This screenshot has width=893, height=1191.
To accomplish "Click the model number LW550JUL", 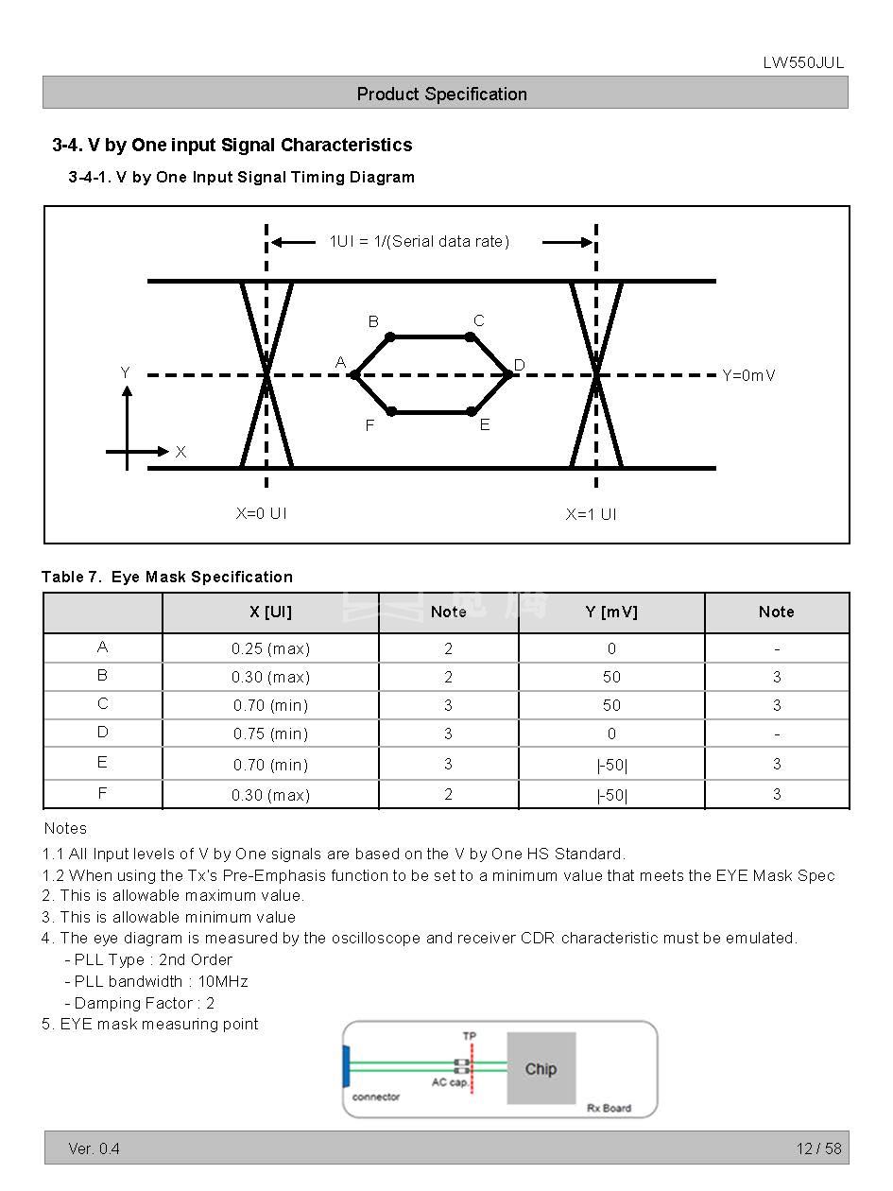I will pos(803,63).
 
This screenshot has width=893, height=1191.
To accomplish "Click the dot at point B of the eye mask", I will pos(390,337).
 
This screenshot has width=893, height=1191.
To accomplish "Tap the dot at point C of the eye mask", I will pos(470,337).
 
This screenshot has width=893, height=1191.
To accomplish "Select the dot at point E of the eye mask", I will pos(472,411).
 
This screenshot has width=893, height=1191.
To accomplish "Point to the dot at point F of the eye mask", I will pos(391,411).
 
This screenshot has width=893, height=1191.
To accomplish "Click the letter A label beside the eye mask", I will pos(341,362).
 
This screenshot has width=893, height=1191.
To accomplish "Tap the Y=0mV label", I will pos(748,375).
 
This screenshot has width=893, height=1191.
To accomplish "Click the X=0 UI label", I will pos(261,513).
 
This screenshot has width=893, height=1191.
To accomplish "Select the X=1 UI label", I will pos(591,514).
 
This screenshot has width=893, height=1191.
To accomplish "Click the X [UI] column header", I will pos(270,612).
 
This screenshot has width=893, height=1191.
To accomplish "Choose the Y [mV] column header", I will pos(611,612).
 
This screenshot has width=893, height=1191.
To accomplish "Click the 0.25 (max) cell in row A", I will pos(270,648).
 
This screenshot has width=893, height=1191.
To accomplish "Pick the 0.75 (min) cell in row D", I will pos(270,734).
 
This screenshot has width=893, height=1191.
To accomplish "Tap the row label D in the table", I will pos(102,733).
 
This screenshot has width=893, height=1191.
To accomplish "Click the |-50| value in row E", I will pos(611,764).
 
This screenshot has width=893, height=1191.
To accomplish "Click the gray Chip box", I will pos(541,1068).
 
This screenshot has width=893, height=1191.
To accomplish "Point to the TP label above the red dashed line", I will pos(470,1036).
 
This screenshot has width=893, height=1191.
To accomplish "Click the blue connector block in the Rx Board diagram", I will pos(347,1066).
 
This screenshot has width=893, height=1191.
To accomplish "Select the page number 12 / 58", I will pos(818,1148).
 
